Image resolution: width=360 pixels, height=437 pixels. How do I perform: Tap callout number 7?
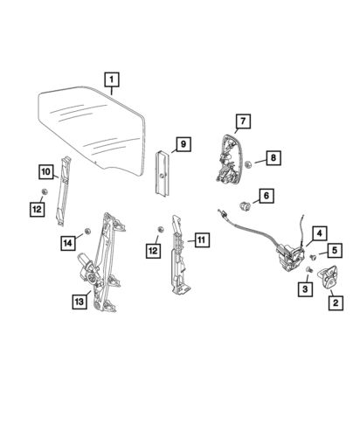coord(243,121)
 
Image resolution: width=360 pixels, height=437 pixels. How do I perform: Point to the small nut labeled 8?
coord(250,163)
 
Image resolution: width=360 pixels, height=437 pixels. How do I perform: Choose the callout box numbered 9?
coord(183,142)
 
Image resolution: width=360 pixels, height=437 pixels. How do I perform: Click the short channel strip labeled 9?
coord(163,174)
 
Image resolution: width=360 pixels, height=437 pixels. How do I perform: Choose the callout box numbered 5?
coord(332,248)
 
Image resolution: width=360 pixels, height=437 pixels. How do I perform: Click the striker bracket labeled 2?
coord(329,279)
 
